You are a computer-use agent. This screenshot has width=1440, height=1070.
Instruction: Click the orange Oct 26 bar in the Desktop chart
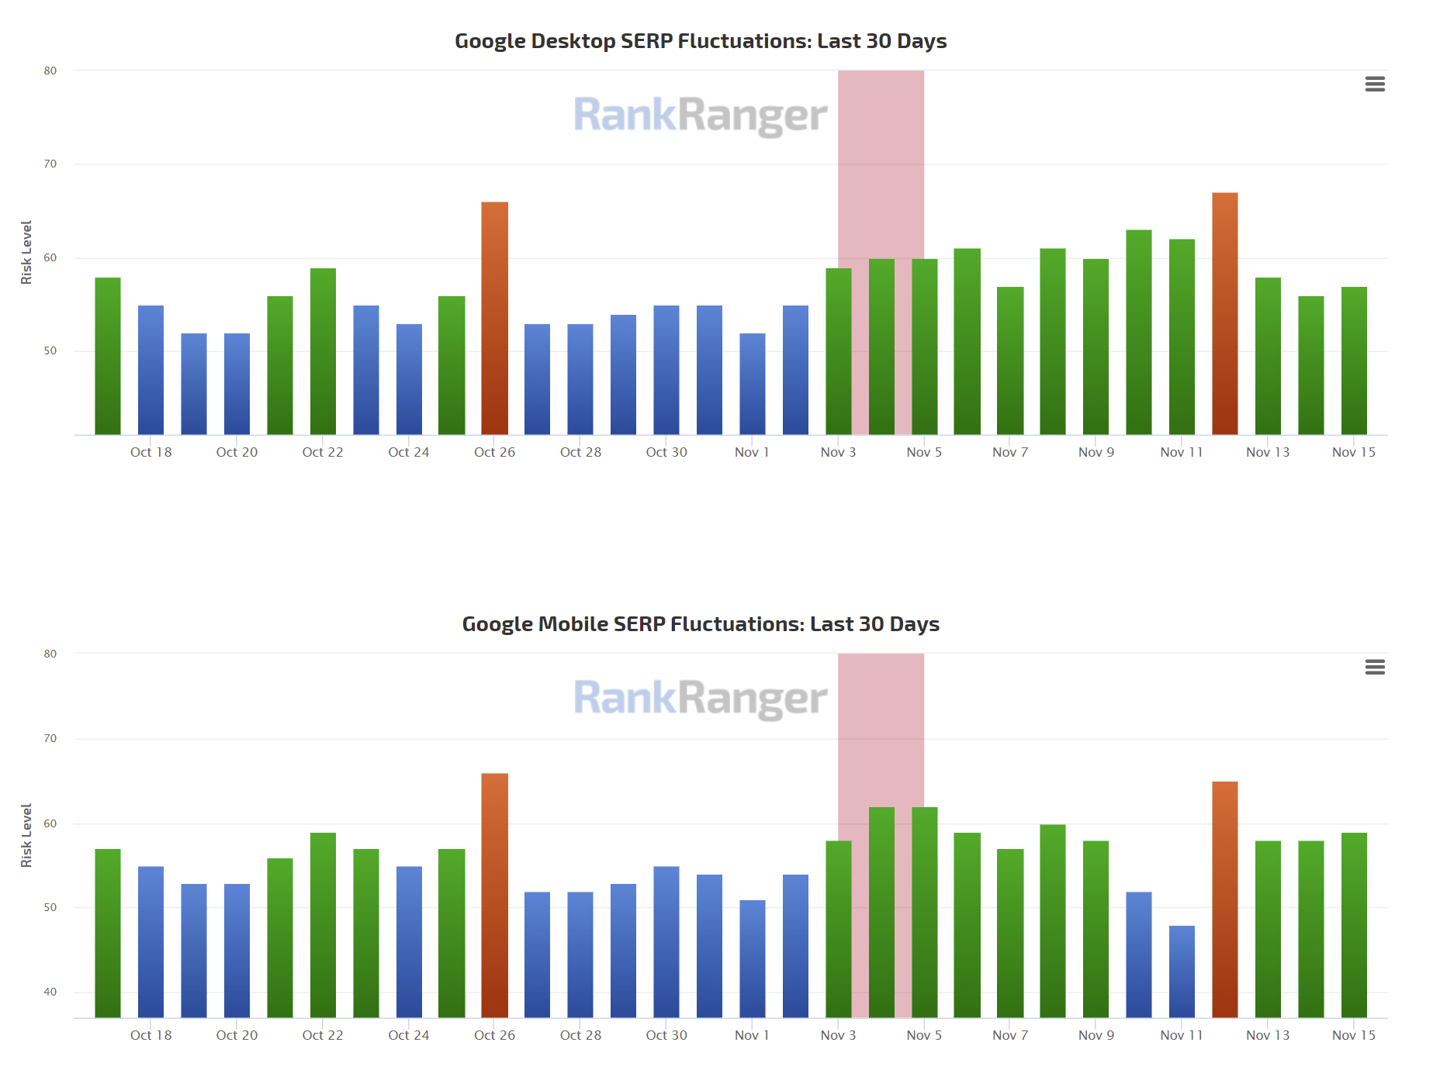pyautogui.click(x=494, y=318)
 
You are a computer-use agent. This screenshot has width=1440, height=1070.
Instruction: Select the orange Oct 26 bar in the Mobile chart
pyautogui.click(x=494, y=896)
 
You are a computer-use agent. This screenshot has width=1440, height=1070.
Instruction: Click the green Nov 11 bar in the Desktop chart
pyautogui.click(x=1182, y=337)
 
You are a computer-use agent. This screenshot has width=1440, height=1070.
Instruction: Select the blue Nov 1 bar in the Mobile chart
pyautogui.click(x=752, y=959)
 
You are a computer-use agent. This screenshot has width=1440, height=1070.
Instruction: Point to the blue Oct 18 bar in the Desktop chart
pyautogui.click(x=151, y=370)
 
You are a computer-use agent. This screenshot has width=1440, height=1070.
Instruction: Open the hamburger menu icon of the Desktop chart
pyautogui.click(x=1375, y=84)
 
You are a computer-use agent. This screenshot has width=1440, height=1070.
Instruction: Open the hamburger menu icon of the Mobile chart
pyautogui.click(x=1375, y=667)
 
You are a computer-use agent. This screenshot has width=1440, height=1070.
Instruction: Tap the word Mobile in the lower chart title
pyautogui.click(x=573, y=624)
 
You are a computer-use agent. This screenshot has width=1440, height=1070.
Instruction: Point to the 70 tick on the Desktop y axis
pyautogui.click(x=50, y=164)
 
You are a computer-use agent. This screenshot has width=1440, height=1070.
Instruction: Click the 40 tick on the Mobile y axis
pyautogui.click(x=50, y=992)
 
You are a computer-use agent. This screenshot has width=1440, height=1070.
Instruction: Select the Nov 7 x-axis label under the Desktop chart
pyautogui.click(x=1009, y=452)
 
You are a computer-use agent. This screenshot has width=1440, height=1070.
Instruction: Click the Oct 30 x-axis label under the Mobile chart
pyautogui.click(x=666, y=1035)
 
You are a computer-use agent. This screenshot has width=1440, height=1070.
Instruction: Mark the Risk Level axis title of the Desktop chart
pyautogui.click(x=26, y=252)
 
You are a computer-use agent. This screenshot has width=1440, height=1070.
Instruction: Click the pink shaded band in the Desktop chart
pyautogui.click(x=881, y=155)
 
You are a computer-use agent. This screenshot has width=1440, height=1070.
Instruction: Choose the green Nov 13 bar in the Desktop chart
pyautogui.click(x=1268, y=356)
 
